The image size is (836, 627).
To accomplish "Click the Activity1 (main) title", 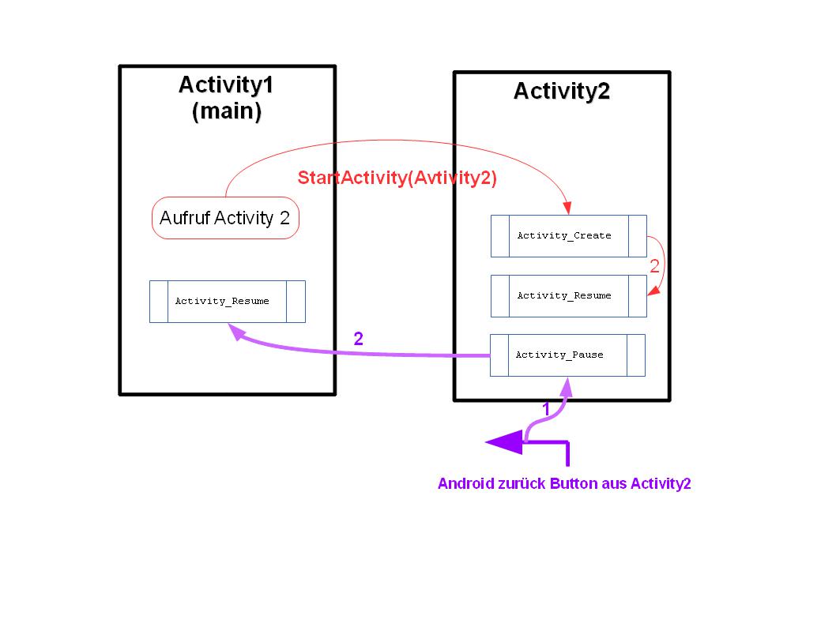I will (226, 97).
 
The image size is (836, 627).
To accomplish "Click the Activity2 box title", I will (562, 92).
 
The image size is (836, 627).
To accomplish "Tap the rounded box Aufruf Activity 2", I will (225, 218).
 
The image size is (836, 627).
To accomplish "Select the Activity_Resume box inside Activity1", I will (228, 301).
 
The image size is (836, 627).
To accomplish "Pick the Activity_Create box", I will (568, 235).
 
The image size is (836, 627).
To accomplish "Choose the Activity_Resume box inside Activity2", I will (568, 295).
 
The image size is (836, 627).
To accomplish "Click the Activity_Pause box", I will (567, 355).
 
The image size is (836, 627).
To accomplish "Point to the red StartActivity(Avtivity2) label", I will (397, 178).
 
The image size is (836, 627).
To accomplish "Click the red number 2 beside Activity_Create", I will (654, 267).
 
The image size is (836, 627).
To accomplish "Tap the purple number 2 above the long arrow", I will (359, 339).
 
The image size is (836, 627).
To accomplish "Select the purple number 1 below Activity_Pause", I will (545, 409).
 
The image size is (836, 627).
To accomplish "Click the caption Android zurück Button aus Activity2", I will (564, 484).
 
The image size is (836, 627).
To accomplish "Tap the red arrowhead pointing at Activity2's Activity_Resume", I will (653, 291).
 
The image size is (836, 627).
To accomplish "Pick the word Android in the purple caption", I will (466, 484).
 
